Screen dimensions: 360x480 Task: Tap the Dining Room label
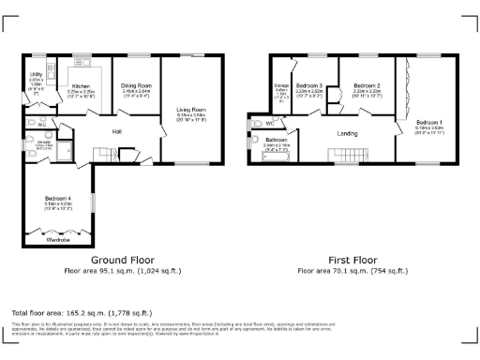coord(137,85)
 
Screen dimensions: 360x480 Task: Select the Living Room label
coord(190,110)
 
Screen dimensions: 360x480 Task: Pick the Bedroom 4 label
coord(57,197)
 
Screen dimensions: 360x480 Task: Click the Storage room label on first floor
coord(281,85)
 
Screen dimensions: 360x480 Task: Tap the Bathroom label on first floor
coord(276,140)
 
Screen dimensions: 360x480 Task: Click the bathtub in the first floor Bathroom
coord(276,157)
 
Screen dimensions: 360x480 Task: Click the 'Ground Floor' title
coord(116,259)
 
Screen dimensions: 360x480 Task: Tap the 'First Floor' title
coord(352,259)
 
